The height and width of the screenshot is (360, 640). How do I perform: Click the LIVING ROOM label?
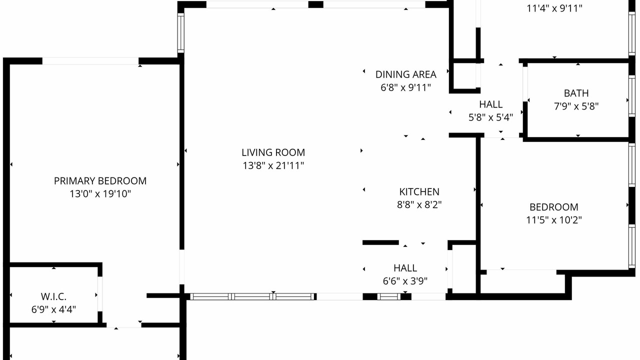273,152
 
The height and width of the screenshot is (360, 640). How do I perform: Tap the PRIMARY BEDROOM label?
100,181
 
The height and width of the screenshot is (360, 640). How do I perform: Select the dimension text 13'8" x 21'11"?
273,165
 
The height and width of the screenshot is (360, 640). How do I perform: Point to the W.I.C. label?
53,296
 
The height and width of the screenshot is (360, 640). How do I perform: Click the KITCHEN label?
419,191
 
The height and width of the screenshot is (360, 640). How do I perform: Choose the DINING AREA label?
405,74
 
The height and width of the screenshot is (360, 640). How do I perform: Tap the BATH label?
576,93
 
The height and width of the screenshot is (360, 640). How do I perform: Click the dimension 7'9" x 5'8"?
576,106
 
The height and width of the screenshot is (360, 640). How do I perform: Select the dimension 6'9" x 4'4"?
53,309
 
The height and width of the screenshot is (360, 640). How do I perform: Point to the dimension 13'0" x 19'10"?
100,193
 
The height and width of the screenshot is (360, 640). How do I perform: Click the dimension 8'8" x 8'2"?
419,204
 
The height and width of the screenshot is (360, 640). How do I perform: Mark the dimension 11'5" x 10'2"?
554,220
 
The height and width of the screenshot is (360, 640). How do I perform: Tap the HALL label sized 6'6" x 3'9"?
405,268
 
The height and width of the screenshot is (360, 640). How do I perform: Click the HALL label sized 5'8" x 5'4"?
491,104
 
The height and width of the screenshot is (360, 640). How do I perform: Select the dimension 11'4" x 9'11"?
554,8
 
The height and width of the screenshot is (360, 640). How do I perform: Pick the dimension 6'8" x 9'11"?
405,87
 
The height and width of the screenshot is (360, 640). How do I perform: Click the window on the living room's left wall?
181,33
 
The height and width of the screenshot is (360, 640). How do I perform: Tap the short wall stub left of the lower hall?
380,242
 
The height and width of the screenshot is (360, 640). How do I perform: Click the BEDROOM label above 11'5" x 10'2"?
554,207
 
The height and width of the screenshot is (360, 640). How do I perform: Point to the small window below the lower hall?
389,297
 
